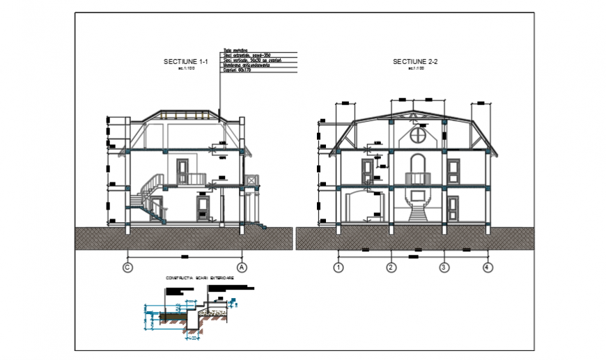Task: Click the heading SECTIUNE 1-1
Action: click(x=180, y=61)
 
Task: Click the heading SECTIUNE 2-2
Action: click(x=414, y=62)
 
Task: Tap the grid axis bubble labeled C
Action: click(x=127, y=267)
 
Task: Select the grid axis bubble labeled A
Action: click(x=242, y=267)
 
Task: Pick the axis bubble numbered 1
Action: click(x=339, y=267)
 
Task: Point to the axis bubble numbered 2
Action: click(x=391, y=267)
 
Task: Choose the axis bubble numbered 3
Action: click(x=443, y=267)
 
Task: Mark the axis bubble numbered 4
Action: click(x=488, y=267)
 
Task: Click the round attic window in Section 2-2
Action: click(x=418, y=134)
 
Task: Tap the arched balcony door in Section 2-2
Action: click(x=417, y=170)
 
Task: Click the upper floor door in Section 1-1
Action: click(x=183, y=171)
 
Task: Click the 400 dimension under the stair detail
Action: click(x=189, y=339)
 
